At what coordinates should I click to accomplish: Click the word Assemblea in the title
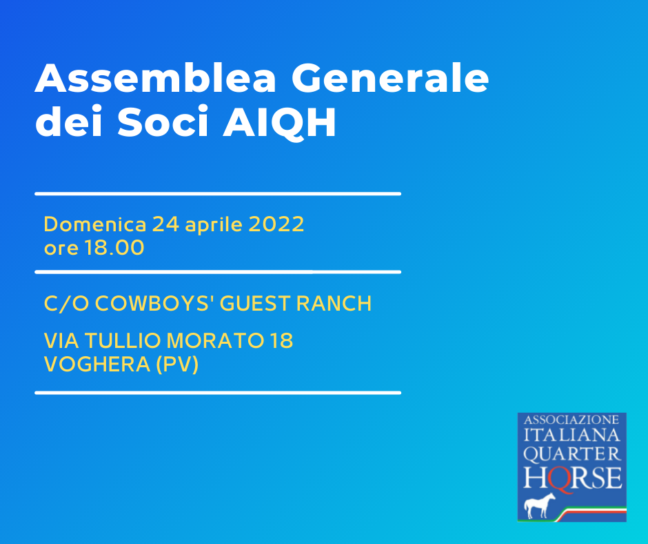[x=155, y=78]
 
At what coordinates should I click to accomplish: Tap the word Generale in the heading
[x=391, y=78]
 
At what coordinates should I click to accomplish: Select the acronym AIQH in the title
[x=280, y=122]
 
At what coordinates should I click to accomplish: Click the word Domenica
[x=95, y=224]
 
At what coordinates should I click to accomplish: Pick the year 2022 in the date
[x=276, y=224]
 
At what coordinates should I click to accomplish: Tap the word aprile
[x=214, y=226]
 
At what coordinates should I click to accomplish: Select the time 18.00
[x=114, y=248]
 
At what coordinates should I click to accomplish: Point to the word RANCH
[x=334, y=304]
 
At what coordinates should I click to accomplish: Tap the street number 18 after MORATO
[x=281, y=341]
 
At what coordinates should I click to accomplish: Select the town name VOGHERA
[x=97, y=365]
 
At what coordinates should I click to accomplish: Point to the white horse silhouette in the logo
[x=540, y=505]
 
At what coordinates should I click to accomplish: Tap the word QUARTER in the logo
[x=572, y=454]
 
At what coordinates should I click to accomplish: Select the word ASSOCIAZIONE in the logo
[x=571, y=420]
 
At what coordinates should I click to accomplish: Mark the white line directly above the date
[x=218, y=193]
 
